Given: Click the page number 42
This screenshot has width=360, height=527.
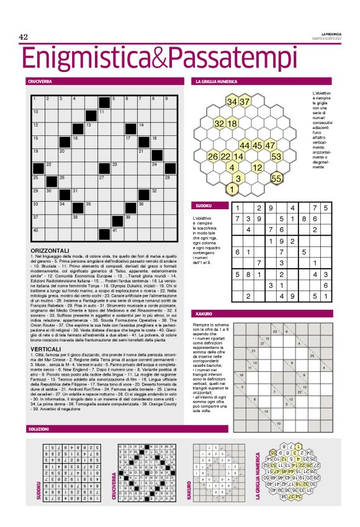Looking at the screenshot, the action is [24, 37].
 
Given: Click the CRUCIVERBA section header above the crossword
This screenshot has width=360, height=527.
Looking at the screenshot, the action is [40, 81].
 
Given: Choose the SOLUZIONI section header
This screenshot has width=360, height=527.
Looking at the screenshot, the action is [38, 429].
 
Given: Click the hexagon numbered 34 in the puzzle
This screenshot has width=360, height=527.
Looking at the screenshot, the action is [232, 101].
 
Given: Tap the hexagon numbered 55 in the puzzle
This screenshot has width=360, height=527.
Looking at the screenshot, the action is [277, 178].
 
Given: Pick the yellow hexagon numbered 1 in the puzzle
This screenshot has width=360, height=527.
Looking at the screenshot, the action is [232, 189].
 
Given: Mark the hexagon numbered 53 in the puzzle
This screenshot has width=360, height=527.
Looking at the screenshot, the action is [277, 156].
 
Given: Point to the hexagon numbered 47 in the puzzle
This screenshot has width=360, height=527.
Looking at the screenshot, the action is [271, 145].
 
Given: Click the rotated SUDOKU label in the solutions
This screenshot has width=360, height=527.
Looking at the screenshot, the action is [38, 490].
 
